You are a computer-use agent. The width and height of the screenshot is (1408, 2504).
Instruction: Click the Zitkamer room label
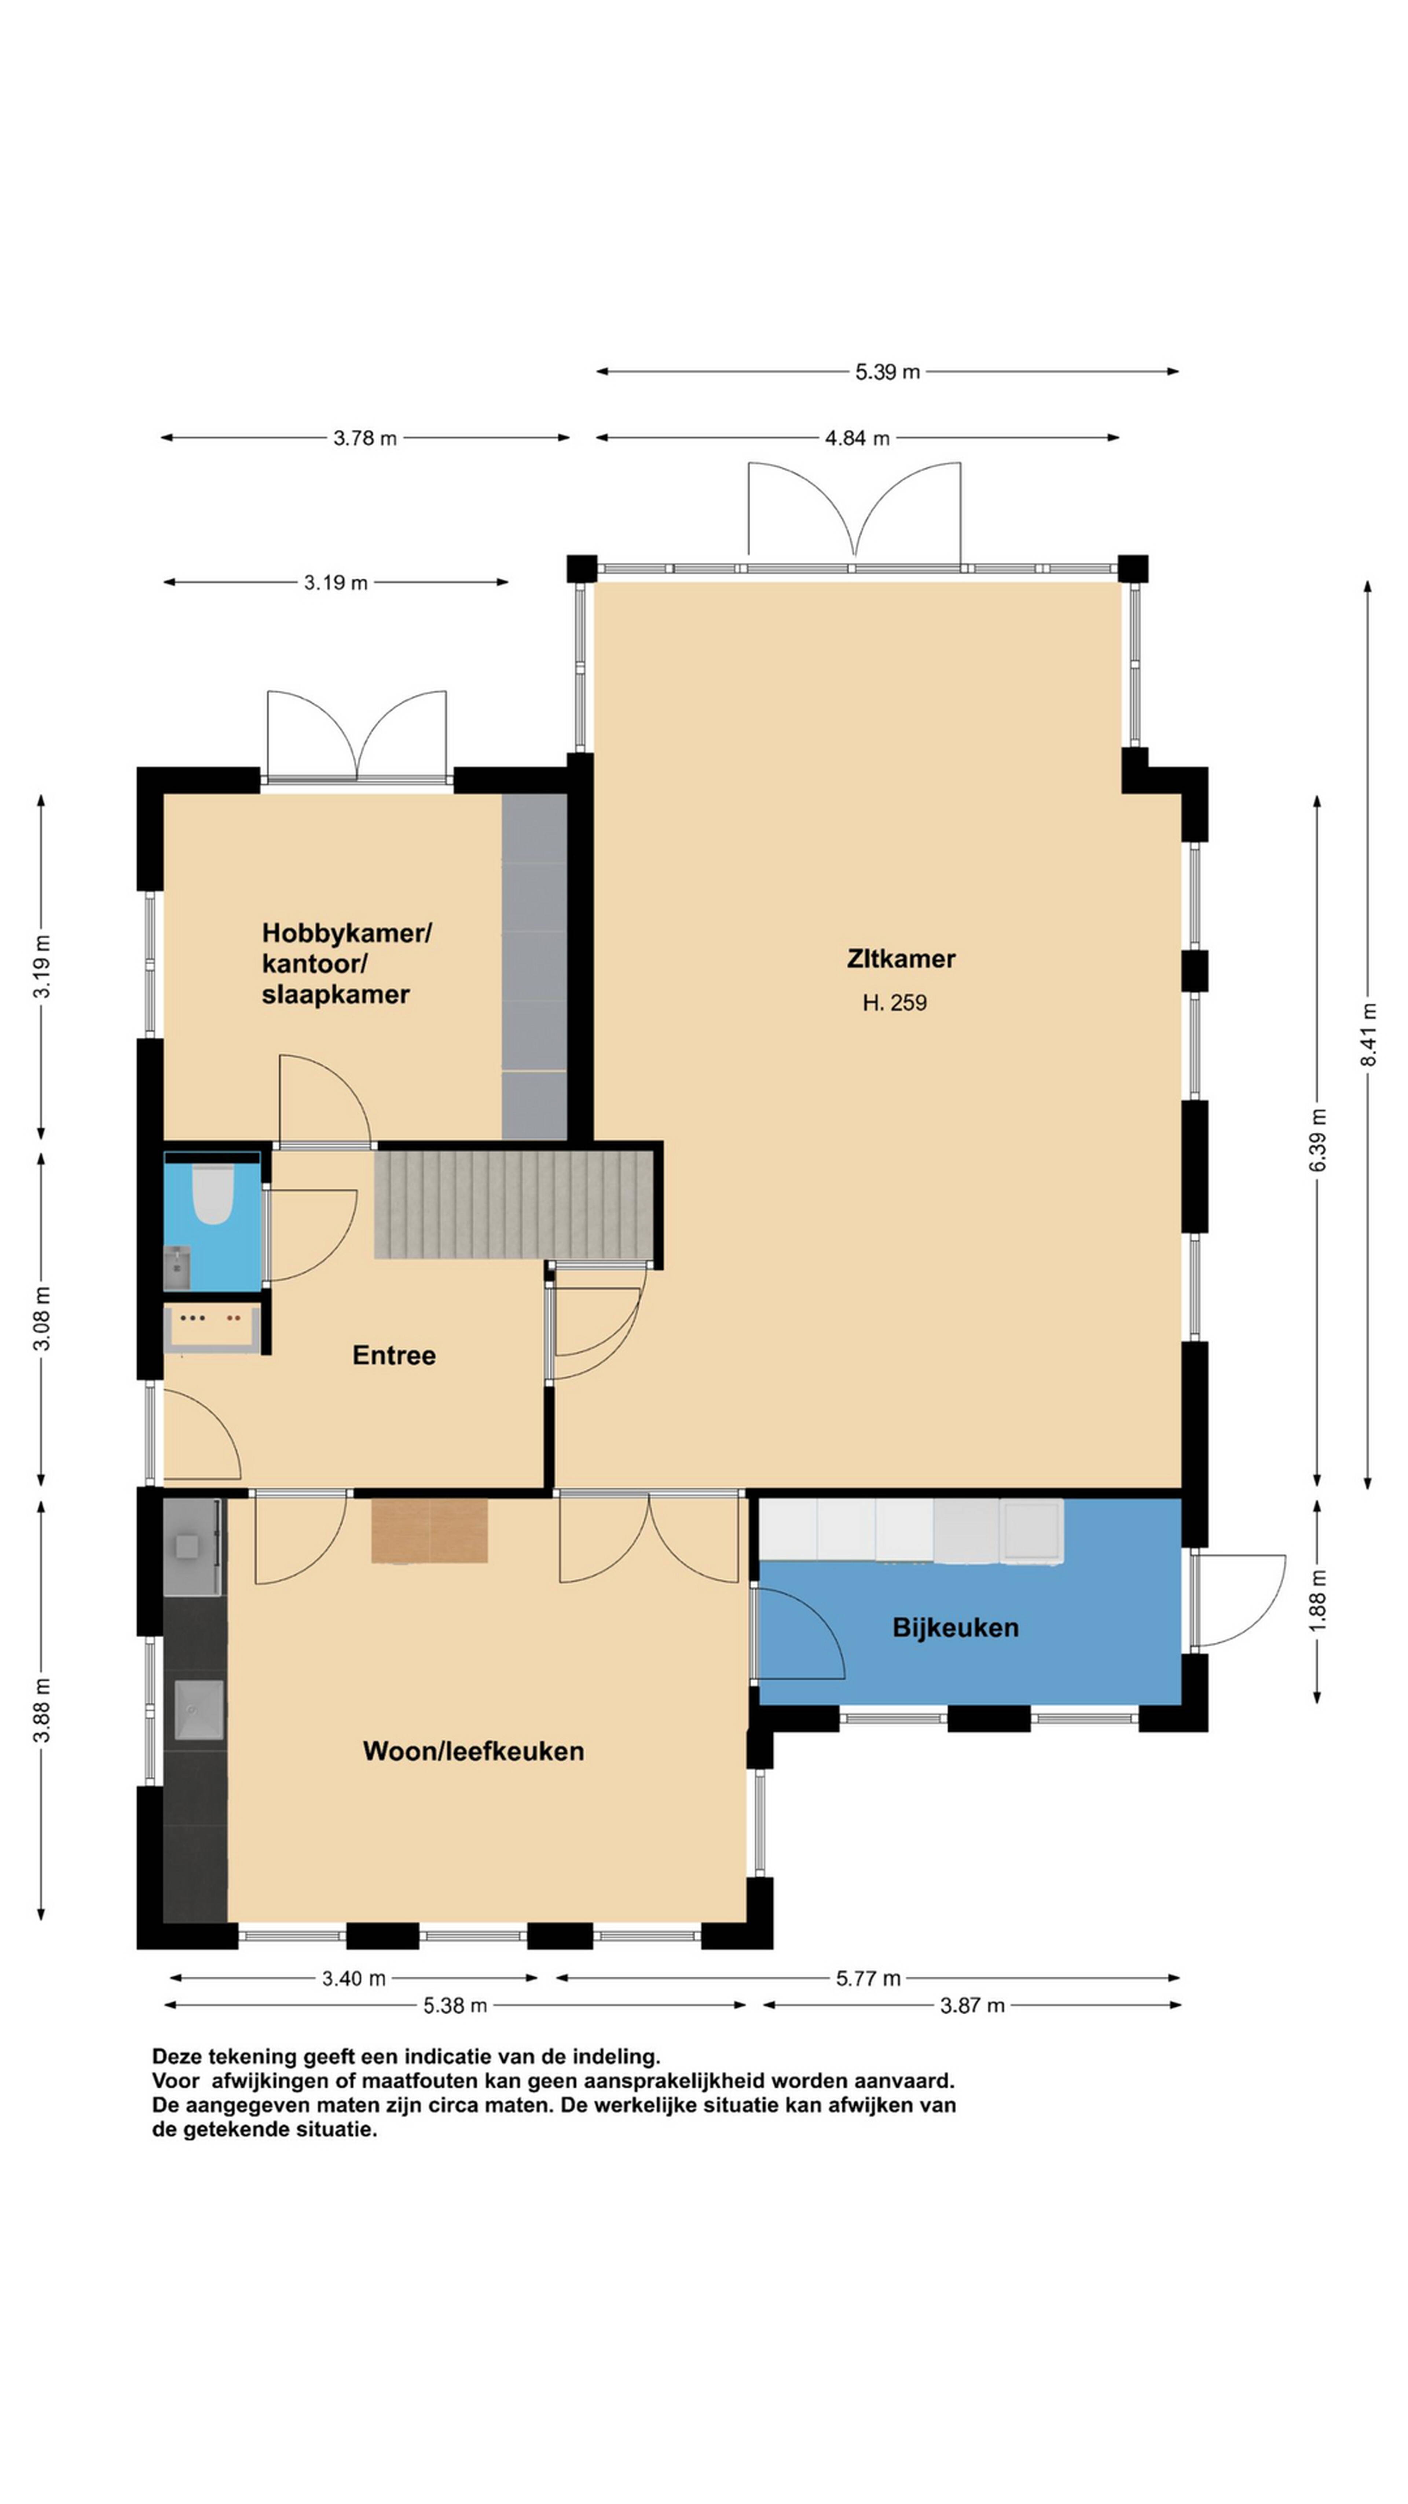[x=901, y=959]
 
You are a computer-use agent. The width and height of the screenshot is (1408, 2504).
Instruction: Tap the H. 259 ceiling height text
[x=894, y=1002]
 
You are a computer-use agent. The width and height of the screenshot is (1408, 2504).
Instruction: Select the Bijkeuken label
[x=955, y=1627]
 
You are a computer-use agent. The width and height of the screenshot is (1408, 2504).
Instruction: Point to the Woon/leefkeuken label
[x=473, y=1751]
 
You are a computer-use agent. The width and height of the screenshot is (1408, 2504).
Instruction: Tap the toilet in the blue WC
[x=213, y=1193]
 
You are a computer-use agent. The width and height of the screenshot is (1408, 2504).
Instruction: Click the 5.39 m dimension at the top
[x=887, y=371]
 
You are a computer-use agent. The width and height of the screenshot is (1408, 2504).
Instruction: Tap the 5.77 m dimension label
[x=868, y=1978]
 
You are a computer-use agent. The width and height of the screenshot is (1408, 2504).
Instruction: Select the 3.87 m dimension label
[x=972, y=2005]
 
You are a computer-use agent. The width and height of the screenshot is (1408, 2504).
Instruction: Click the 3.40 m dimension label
[x=354, y=1978]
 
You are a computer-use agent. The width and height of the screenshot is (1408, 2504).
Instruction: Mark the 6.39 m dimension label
[x=1318, y=1140]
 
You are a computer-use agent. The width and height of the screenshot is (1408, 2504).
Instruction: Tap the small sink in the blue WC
[x=177, y=1267]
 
